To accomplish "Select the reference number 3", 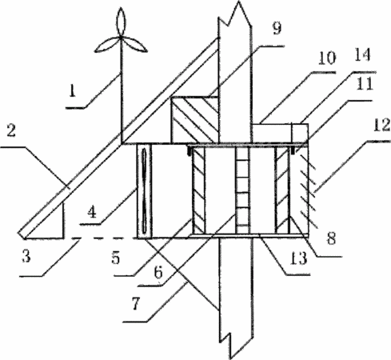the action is (x=26, y=256).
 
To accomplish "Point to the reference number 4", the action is (x=92, y=213).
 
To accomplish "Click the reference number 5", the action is (x=116, y=258).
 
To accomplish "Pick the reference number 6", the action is (x=158, y=273).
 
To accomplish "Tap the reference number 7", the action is (x=136, y=304).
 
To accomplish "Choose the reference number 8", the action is (x=332, y=238).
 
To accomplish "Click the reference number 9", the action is (x=277, y=28).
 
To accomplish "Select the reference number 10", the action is (x=326, y=58).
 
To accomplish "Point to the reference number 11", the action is (x=365, y=85).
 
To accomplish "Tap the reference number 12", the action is (x=382, y=125).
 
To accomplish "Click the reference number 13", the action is (x=298, y=258).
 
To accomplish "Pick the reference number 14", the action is (x=362, y=55).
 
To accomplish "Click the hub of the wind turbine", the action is (x=121, y=38).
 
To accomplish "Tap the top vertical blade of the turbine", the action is (x=121, y=22).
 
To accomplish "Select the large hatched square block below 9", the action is (x=194, y=120).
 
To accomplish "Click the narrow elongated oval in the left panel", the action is (x=144, y=191).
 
